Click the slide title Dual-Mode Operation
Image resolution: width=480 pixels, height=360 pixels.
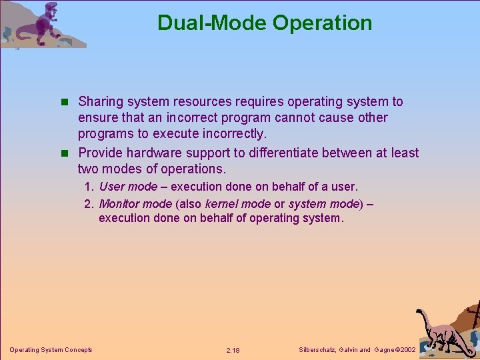[265, 23]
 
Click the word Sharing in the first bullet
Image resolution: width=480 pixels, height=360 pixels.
[100, 102]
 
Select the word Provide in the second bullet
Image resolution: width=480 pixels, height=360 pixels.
[101, 153]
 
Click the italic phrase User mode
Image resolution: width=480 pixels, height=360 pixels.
[128, 187]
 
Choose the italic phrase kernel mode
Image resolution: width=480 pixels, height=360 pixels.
[237, 204]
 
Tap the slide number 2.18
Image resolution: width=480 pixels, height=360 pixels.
[233, 350]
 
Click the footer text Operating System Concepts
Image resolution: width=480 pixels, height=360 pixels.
[51, 349]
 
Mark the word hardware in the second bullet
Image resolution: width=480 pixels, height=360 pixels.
[166, 153]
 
